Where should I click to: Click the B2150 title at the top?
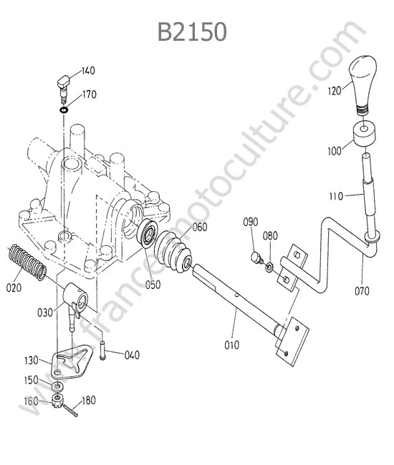pyautogui.click(x=192, y=31)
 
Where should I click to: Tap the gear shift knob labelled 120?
pyautogui.click(x=362, y=84)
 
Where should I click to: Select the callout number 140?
pyautogui.click(x=88, y=71)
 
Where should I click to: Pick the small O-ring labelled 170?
pyautogui.click(x=64, y=110)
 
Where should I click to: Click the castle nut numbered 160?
pyautogui.click(x=57, y=401)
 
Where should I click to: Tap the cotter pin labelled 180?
pyautogui.click(x=71, y=411)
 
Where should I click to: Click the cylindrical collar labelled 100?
pyautogui.click(x=365, y=134)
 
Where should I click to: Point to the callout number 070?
pyautogui.click(x=362, y=291)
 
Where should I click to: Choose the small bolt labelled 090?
pyautogui.click(x=257, y=258)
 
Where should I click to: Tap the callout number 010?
pyautogui.click(x=231, y=345)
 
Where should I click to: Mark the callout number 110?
pyautogui.click(x=336, y=196)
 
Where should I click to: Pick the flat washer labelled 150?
pyautogui.click(x=57, y=386)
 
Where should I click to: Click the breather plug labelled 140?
pyautogui.click(x=63, y=87)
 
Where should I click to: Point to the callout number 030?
pyautogui.click(x=45, y=313)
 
